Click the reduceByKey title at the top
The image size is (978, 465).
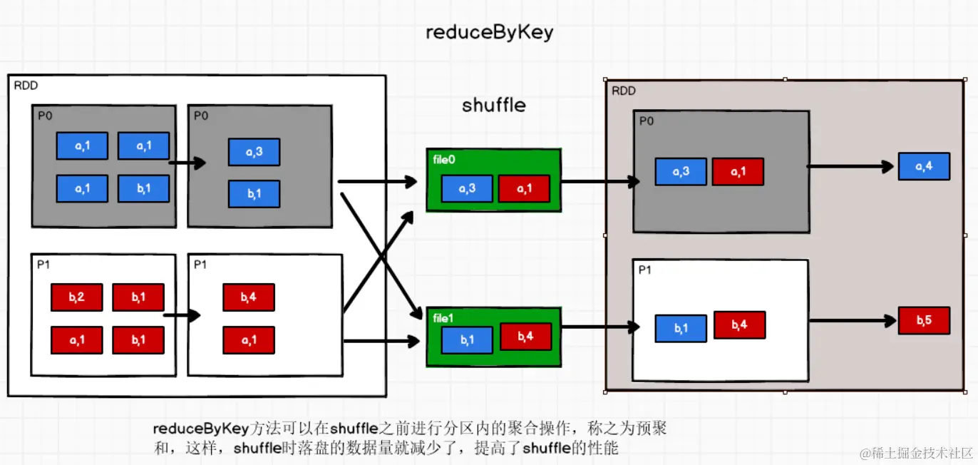pos(490,32)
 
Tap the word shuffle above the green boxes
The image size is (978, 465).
pos(494,105)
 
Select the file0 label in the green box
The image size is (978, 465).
pos(444,160)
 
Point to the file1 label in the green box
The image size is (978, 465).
pos(443,318)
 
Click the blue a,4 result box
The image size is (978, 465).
pos(924,166)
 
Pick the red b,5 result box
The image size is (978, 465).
pos(924,320)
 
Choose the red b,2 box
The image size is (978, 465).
pos(77,297)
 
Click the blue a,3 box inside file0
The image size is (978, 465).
pos(467,188)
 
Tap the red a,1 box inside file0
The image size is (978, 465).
pos(525,188)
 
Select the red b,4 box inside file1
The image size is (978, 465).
pos(525,337)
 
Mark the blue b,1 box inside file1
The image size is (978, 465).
pos(467,340)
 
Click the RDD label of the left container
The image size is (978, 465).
pos(26,85)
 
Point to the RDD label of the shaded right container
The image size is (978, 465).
pos(624,91)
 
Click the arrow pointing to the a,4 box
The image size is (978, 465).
pos(850,166)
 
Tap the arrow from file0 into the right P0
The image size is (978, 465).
pos(600,181)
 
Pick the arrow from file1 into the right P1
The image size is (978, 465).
pos(600,327)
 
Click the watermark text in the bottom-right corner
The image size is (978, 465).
pos(917,453)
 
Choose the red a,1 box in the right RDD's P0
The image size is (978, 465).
pos(738,172)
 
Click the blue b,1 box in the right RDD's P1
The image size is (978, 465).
pos(681,328)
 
